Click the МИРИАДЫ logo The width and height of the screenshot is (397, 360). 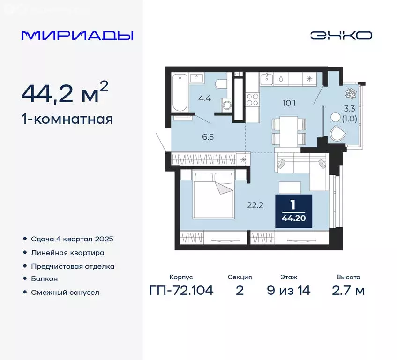coord(77,36)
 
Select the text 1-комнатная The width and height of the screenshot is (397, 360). coord(67,119)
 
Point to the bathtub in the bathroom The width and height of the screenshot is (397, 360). coord(180,92)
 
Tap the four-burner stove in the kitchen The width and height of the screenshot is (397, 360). coord(252,99)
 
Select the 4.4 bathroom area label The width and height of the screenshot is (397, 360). coord(204,98)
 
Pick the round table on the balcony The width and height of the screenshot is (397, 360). coord(335,117)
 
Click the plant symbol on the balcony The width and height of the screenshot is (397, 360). coord(350,93)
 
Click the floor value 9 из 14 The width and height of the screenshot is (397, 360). coord(288,291)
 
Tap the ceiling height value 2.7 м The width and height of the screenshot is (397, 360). coord(348,291)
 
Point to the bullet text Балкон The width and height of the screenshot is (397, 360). coord(44,279)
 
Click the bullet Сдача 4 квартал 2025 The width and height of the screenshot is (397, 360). coord(72,239)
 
